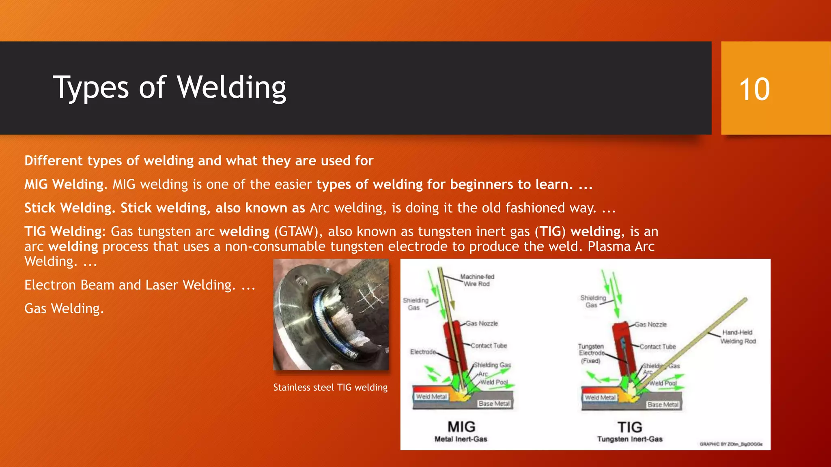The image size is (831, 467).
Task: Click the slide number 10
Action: pos(754,89)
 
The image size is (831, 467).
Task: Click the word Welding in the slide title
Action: pos(232,88)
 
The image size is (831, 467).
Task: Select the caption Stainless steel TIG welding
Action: pos(330,388)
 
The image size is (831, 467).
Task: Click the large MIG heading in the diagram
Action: pos(461,427)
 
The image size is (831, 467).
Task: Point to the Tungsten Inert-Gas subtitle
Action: pos(630,439)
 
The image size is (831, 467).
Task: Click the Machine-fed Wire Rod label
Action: pos(477,280)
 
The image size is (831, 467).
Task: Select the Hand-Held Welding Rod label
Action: pos(738,337)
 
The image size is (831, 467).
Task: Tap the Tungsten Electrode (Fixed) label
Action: pos(591,353)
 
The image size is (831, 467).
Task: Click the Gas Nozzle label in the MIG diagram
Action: pos(482,323)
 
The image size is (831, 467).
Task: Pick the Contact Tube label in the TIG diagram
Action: pos(658,347)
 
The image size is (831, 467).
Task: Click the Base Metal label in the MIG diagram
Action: pos(494,404)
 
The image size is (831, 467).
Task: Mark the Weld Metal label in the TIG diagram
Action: pos(600,398)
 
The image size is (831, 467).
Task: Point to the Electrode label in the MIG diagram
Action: pos(422,352)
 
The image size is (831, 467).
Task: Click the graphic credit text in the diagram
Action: pos(731,444)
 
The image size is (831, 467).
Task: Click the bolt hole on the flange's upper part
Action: pos(300,280)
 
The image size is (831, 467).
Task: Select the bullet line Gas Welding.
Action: pos(64,308)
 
